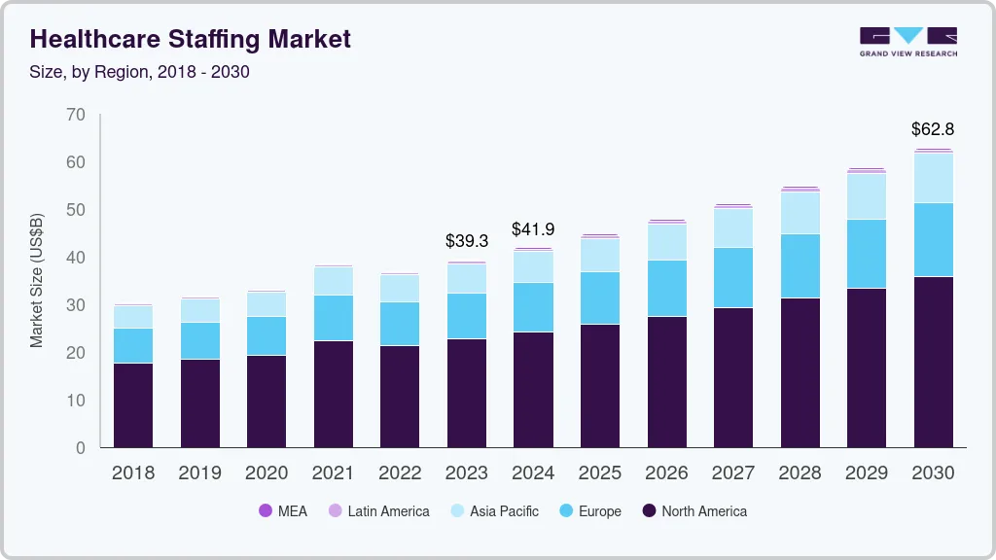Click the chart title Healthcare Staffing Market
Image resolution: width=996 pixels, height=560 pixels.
[191, 39]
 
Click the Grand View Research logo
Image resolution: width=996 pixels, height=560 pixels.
[907, 41]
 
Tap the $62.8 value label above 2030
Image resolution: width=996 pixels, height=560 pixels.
[932, 128]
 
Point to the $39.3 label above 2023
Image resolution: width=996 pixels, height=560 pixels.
[467, 240]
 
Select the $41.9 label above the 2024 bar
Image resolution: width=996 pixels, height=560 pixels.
[533, 229]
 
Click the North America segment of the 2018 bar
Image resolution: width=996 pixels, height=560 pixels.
[133, 405]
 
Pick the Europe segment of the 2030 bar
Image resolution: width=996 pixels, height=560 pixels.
[933, 240]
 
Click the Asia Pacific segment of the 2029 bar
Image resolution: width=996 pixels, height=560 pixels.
[866, 196]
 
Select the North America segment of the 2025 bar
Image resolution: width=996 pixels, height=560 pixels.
[599, 386]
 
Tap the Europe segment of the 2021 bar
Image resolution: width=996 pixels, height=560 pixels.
[334, 318]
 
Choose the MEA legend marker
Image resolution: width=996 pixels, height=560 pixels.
[265, 510]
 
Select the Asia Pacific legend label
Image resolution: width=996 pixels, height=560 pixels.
[504, 510]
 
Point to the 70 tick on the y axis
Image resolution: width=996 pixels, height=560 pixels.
[76, 115]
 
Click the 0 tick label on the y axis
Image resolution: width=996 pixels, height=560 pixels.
[81, 448]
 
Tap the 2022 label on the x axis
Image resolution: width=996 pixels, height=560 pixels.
[400, 473]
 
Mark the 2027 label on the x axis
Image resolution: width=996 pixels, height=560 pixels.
[732, 473]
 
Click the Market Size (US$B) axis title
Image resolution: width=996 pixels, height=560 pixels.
[37, 280]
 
